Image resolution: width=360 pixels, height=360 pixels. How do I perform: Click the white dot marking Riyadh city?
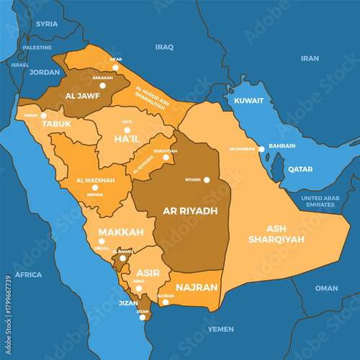click(x=207, y=180)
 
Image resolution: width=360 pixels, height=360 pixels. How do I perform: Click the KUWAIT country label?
click(x=248, y=102)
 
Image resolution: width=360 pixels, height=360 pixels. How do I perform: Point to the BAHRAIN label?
click(x=282, y=146)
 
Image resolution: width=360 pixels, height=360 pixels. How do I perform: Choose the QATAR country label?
click(x=300, y=169)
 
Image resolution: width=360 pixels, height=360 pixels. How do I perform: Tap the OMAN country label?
click(x=326, y=288)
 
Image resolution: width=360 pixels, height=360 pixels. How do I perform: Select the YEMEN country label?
click(x=220, y=329)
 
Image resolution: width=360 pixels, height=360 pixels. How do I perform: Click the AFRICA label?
click(x=28, y=274)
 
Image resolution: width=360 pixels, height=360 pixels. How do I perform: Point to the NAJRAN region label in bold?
click(x=196, y=287)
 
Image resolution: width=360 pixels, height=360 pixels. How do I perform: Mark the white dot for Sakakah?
click(x=102, y=85)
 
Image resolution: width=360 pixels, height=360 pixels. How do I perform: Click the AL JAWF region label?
click(x=81, y=95)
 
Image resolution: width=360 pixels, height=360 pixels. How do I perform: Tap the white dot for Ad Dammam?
click(x=261, y=149)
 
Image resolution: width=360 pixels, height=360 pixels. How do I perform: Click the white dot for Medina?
click(x=94, y=187)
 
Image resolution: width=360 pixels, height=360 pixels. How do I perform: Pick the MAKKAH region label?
click(x=121, y=232)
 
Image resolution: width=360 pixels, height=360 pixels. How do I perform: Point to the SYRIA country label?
click(x=47, y=24)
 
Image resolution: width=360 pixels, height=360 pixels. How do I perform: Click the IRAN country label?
click(x=310, y=58)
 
